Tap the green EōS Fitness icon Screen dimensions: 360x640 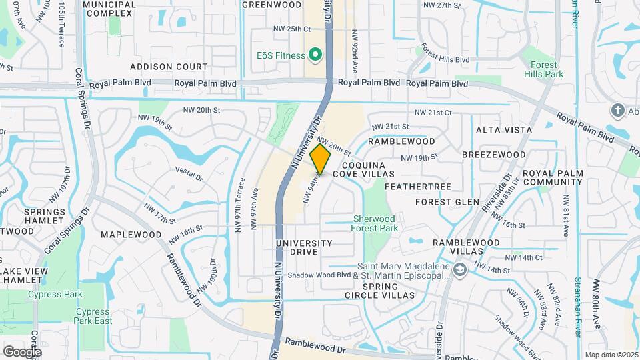pos(312,55)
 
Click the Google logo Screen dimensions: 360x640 pos(22,351)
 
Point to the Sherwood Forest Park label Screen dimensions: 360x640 pos(374,223)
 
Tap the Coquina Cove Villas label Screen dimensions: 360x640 pos(365,169)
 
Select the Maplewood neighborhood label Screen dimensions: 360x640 pos(131,235)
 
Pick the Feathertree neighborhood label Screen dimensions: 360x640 pos(418,186)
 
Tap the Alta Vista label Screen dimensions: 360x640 pos(503,129)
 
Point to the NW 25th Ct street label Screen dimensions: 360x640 pos(292,29)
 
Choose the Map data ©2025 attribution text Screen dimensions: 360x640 pos(611,355)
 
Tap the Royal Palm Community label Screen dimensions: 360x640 pos(553,177)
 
